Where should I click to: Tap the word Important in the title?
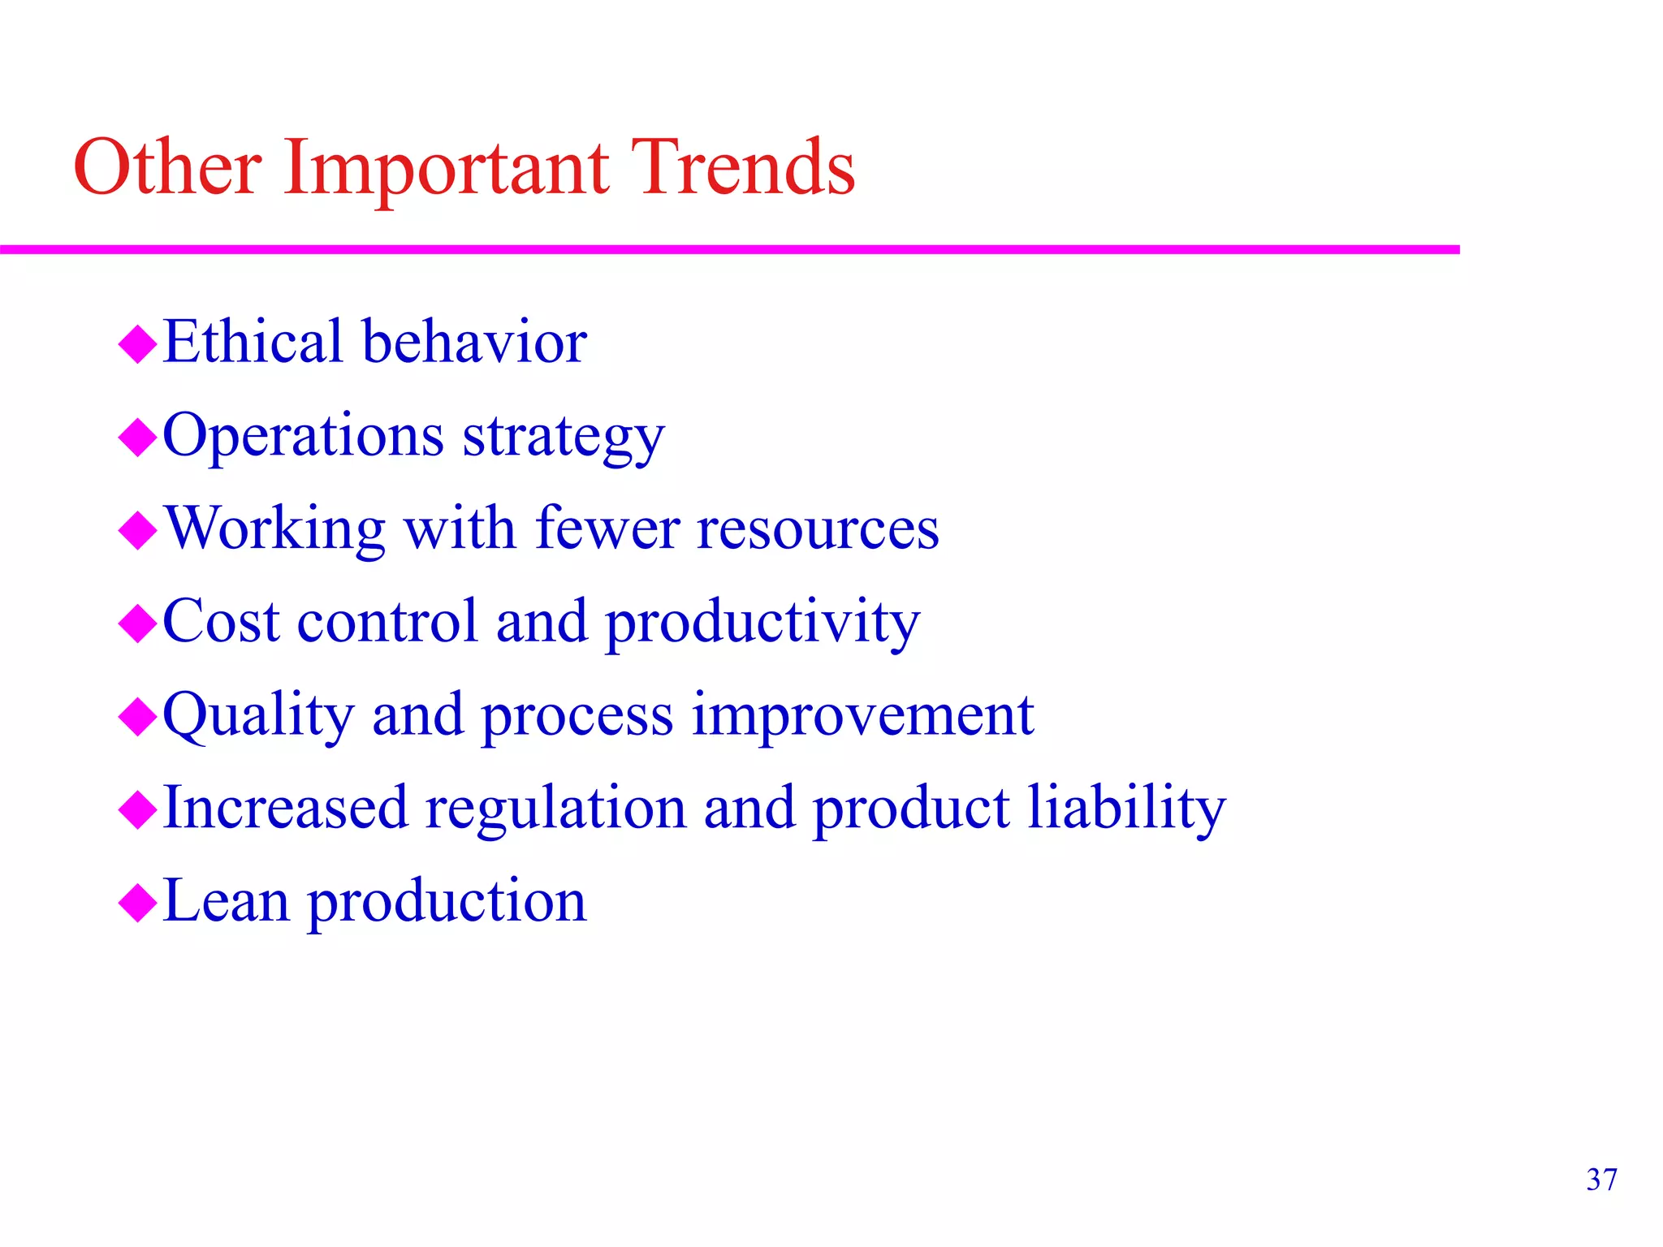tap(446, 169)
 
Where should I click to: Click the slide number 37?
tap(1601, 1180)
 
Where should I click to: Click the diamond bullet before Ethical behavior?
tap(137, 344)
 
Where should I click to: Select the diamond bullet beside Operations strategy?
tap(137, 438)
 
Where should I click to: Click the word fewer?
tap(607, 529)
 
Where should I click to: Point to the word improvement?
tap(862, 718)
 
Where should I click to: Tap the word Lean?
tap(225, 901)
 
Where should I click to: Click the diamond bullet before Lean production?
tap(137, 903)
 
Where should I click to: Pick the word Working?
tap(274, 530)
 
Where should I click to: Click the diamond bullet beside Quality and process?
tap(137, 717)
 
